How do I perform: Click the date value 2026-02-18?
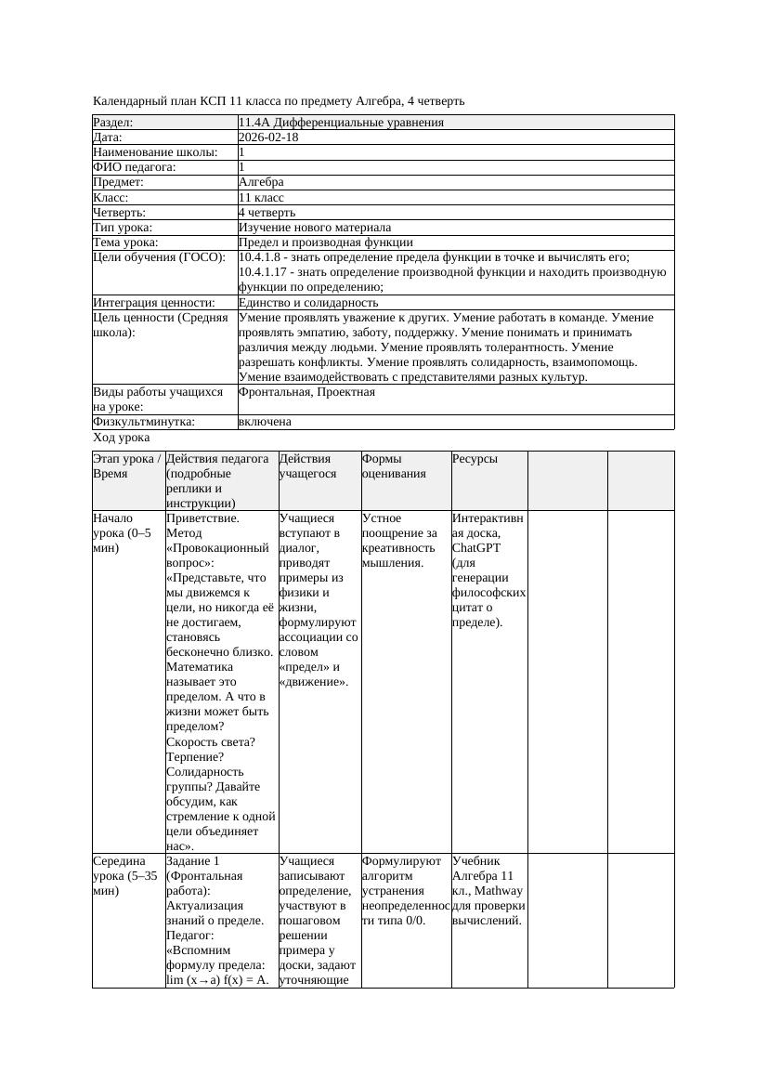(x=268, y=138)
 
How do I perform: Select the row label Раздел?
(x=113, y=123)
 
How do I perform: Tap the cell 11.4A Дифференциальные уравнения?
(x=341, y=123)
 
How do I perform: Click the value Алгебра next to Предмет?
(x=261, y=182)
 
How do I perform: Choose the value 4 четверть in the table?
(x=267, y=212)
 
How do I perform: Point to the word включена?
(x=265, y=422)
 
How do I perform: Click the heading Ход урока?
(x=122, y=437)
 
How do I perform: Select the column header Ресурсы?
(x=475, y=459)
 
